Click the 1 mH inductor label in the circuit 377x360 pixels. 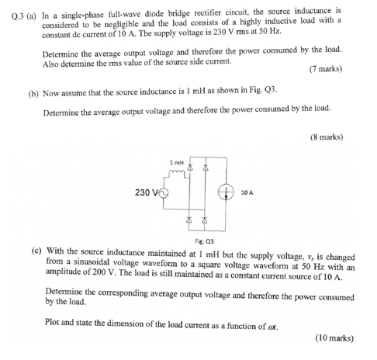tap(176, 161)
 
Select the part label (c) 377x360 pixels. tap(36, 251)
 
